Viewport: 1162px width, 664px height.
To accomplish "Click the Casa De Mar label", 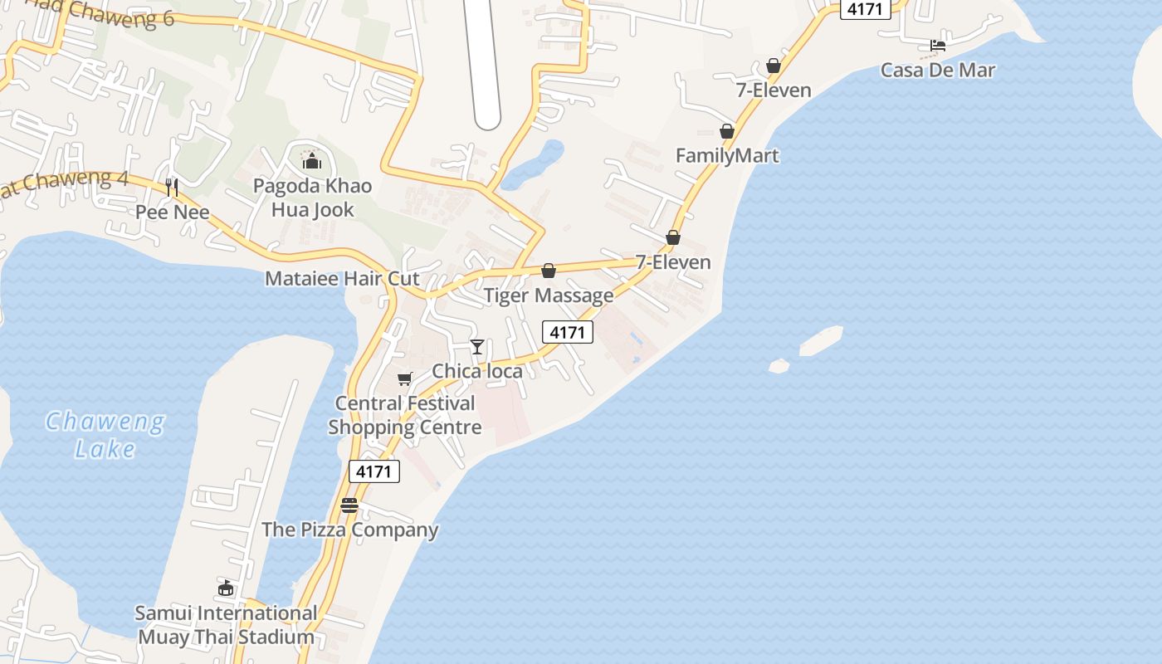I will (937, 70).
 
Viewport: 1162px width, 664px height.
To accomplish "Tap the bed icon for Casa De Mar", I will (938, 46).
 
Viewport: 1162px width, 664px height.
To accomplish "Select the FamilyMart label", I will (727, 155).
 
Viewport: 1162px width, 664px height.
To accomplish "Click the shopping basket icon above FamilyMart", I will (727, 131).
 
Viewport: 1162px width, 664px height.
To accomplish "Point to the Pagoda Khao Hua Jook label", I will (312, 198).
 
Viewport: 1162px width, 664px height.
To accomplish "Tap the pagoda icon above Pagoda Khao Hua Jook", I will (312, 160).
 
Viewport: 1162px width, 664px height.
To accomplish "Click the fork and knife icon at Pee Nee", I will (172, 187).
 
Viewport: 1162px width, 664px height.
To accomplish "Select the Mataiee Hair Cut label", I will (342, 278).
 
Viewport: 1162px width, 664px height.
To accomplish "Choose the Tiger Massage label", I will (549, 295).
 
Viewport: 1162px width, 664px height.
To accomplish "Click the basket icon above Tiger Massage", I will (548, 271).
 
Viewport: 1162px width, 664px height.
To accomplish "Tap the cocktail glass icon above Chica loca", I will (477, 346).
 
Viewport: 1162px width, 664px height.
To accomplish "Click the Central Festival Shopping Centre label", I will (405, 415).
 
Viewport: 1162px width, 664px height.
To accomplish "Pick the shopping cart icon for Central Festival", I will (404, 379).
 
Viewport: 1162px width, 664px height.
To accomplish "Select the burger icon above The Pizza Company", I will (349, 505).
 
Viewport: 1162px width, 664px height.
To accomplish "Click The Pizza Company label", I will (349, 530).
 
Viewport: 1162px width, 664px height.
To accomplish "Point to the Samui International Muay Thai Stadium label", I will (226, 625).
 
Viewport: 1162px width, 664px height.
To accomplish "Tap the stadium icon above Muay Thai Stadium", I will (225, 588).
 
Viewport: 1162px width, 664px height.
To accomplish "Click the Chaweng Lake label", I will (105, 435).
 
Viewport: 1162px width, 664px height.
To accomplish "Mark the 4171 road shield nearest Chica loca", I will (568, 333).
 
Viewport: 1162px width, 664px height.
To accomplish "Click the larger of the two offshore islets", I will (821, 340).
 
